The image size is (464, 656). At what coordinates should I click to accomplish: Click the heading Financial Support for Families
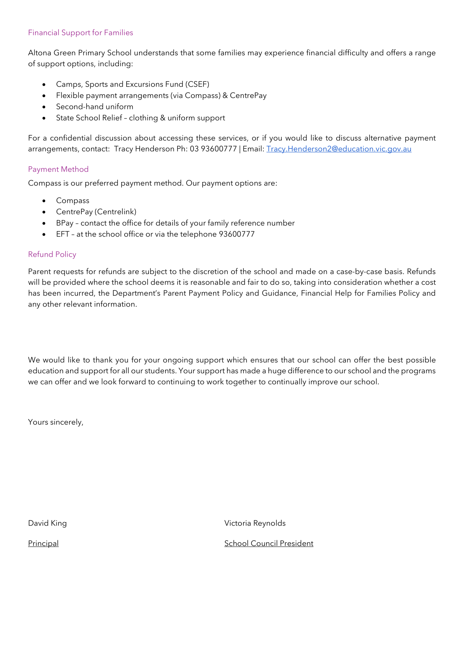[80, 33]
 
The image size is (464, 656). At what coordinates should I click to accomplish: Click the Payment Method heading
[58, 169]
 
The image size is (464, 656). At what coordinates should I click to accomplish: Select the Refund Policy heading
[52, 254]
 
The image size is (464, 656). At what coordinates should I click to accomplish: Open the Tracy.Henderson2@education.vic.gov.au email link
[339, 149]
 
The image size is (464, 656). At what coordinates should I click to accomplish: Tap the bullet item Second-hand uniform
[94, 107]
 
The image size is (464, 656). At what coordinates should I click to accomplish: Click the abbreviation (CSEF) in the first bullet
[197, 85]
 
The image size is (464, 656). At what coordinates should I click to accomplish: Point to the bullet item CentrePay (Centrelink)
[96, 212]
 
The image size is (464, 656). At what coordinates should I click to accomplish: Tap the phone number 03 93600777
[213, 149]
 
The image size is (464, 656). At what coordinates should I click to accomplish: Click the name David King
[47, 523]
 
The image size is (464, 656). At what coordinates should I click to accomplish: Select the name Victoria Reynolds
[255, 523]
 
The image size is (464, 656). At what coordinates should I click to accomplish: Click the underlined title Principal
[43, 543]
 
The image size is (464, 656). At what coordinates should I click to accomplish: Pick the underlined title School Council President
[268, 543]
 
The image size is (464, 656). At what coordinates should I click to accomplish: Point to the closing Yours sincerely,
[56, 422]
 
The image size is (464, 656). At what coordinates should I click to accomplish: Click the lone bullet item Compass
[72, 201]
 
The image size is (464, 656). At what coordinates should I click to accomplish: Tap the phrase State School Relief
[89, 118]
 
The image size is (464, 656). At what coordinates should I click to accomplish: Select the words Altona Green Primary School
[79, 53]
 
